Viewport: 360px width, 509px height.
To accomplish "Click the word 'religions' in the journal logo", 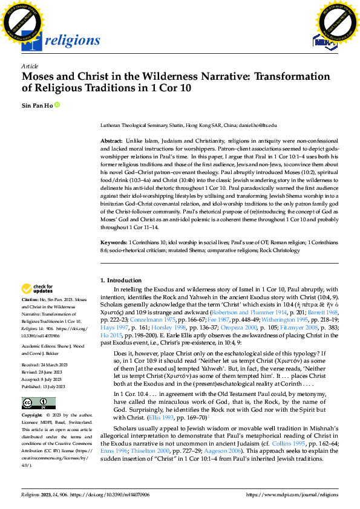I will [x=72, y=41].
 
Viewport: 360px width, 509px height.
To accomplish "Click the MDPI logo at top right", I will [x=324, y=41].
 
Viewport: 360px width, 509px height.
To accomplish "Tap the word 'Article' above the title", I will [x=30, y=66].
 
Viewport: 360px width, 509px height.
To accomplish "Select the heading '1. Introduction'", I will [x=121, y=280].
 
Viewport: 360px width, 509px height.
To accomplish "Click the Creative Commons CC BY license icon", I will [x=39, y=402].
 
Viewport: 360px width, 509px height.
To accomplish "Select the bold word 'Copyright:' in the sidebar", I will [x=32, y=416].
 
